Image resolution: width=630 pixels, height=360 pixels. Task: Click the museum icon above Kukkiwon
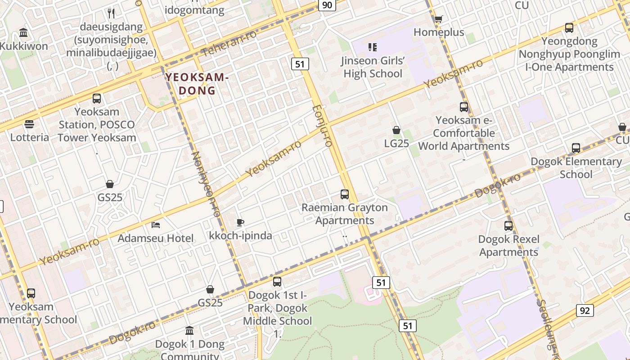point(23,33)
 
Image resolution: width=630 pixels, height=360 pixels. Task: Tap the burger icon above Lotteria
point(29,124)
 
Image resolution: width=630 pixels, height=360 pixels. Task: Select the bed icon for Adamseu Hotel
point(156,225)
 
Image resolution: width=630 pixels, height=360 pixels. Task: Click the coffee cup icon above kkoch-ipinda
point(240,222)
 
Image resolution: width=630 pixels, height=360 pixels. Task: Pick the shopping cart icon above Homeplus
point(438,19)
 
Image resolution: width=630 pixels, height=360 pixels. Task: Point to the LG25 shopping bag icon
point(396,130)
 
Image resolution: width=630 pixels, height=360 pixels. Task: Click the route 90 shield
point(327,5)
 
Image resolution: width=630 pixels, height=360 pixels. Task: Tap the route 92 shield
point(585,310)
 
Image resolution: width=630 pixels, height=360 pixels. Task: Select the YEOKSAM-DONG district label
point(197,84)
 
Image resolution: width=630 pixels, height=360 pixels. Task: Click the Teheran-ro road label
point(229,44)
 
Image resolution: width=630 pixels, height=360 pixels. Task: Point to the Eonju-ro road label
point(322,126)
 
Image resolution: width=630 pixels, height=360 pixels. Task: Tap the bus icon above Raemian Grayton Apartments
point(345,194)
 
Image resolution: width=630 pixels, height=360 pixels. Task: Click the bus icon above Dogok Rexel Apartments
point(508,226)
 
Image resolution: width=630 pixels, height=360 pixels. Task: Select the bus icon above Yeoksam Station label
point(97,98)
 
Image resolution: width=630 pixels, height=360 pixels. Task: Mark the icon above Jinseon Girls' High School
point(372,47)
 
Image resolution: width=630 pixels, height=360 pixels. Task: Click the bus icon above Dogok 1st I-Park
point(277,282)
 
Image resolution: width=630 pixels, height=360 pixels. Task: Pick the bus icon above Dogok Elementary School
point(576,148)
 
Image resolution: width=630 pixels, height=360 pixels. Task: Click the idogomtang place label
point(194,9)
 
